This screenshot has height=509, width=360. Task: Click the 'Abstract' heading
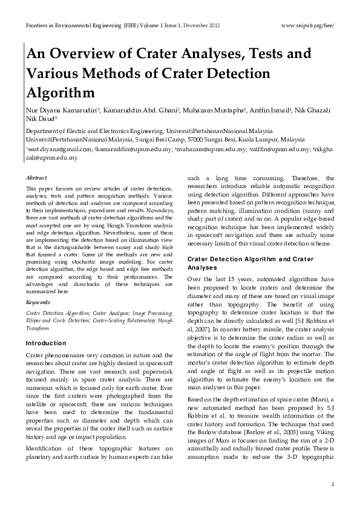tap(38, 178)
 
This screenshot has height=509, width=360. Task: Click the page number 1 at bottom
tap(333, 485)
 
